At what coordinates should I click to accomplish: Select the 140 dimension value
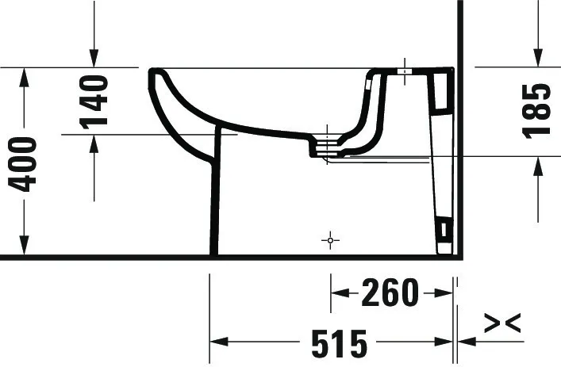click(x=94, y=101)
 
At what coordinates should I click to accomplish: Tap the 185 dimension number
click(x=538, y=111)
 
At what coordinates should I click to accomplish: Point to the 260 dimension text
click(x=389, y=293)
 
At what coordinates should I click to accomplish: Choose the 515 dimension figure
click(x=339, y=342)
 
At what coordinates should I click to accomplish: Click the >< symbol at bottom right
click(x=502, y=323)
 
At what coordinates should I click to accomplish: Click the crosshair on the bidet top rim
click(x=404, y=71)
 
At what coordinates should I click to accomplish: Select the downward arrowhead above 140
click(x=94, y=59)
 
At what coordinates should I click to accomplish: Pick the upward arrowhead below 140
click(x=94, y=143)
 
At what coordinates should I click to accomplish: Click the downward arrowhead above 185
click(x=538, y=59)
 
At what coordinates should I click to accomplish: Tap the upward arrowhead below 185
click(x=538, y=165)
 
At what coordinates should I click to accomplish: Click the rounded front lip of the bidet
click(x=154, y=75)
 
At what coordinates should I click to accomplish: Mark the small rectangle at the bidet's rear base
click(x=444, y=232)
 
